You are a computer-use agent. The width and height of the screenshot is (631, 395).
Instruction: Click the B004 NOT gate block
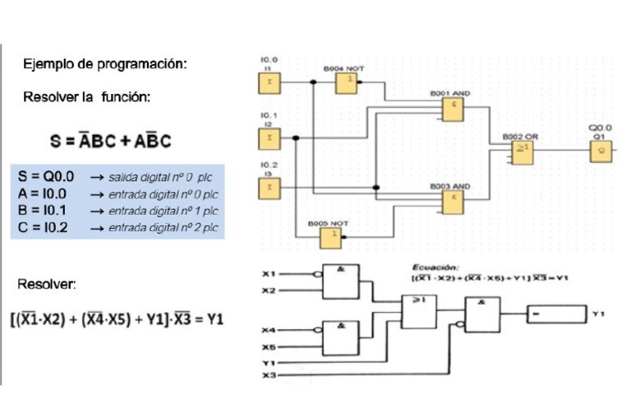coord(347,82)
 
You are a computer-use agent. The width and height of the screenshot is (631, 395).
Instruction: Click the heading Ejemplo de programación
coord(105,63)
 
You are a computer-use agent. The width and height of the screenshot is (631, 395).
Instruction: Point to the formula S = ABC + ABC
coord(110,141)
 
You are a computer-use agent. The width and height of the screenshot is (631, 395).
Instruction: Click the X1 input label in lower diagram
coord(267,273)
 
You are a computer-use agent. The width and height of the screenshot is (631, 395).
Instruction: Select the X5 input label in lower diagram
coord(267,346)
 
